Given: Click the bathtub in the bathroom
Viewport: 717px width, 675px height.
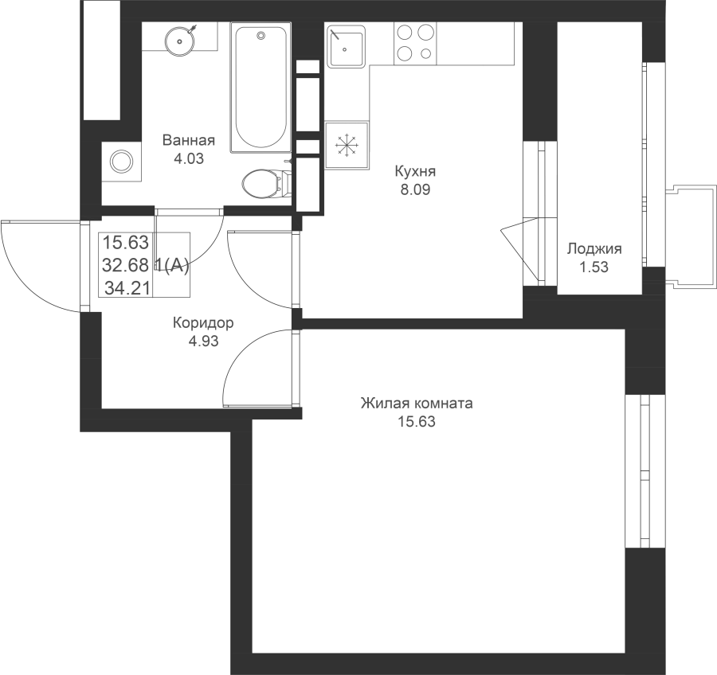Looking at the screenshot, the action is pos(261,88).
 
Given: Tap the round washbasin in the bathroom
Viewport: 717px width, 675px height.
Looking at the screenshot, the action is pos(180,41).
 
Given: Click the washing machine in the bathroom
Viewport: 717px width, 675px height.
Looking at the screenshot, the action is pos(121,162).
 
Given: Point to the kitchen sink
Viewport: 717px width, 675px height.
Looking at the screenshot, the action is pos(347,45).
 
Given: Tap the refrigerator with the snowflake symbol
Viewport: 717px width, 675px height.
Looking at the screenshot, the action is pos(347,146).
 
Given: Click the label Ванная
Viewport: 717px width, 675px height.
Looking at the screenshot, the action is pos(188,140).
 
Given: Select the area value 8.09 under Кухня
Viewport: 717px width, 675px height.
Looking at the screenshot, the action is pos(415,189).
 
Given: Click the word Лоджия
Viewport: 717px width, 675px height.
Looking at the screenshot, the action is pos(594,249).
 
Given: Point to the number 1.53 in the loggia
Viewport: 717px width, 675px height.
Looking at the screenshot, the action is pos(594,267).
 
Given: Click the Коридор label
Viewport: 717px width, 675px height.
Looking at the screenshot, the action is pos(203,323).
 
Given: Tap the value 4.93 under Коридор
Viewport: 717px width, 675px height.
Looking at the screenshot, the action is pos(203,341).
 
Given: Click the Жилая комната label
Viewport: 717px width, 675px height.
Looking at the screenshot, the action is pos(417,404).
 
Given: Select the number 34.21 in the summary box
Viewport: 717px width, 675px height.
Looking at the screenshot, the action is pos(127,288).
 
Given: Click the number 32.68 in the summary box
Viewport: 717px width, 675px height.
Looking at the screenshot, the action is pos(125,264).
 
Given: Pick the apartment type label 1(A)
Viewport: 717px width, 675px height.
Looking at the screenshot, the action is pos(172,265).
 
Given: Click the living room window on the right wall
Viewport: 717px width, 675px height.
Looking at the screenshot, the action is pos(645,471).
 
